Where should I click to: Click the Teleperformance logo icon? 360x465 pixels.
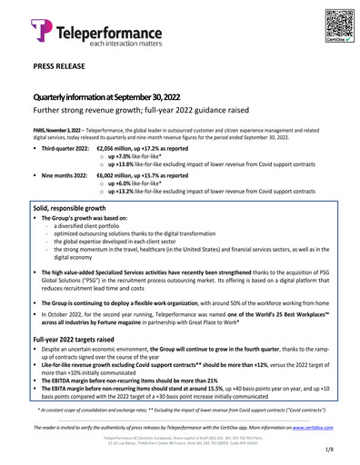click(x=42, y=31)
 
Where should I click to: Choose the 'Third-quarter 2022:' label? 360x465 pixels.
click(x=63, y=149)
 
